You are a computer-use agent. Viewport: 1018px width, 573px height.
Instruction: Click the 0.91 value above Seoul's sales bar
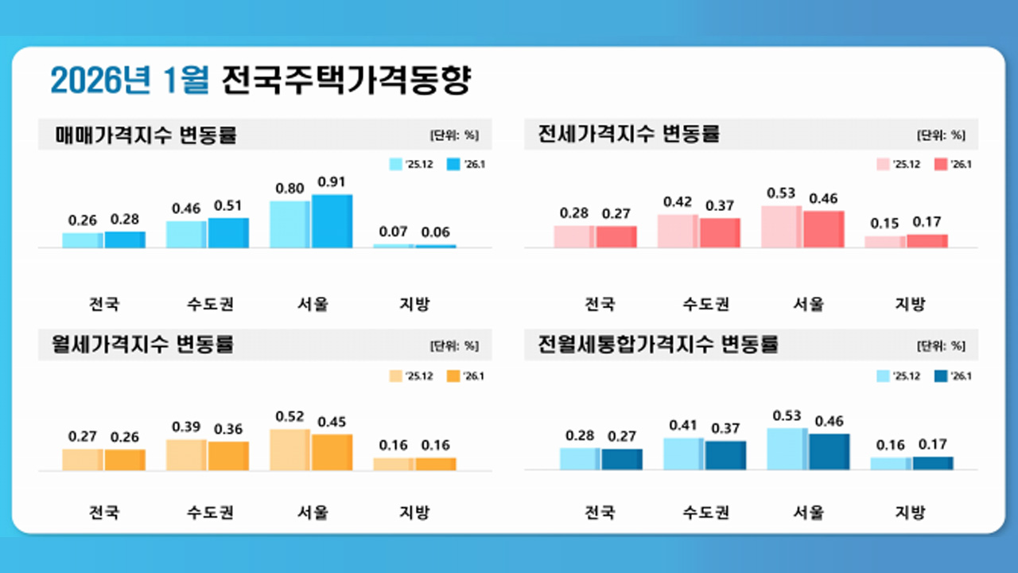(332, 182)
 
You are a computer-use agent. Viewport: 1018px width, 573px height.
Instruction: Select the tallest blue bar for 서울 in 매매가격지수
(332, 221)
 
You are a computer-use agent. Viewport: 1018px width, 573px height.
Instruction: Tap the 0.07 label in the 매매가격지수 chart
(393, 232)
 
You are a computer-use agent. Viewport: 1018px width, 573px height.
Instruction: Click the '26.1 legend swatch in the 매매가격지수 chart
(454, 165)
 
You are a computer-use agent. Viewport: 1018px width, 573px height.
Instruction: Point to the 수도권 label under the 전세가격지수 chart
(705, 304)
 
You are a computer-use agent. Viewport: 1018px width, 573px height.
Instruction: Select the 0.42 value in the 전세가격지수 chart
(678, 202)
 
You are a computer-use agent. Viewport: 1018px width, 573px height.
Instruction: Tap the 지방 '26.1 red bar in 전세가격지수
(927, 240)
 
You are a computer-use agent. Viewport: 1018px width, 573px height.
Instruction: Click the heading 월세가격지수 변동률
(143, 345)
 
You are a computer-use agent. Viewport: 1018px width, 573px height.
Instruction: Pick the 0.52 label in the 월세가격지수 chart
(289, 416)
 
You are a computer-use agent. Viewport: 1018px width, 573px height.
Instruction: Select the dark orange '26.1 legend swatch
(454, 376)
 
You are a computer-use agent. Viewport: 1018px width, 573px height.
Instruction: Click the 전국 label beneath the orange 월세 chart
(104, 512)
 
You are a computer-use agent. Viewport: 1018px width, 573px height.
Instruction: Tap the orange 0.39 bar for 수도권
(186, 454)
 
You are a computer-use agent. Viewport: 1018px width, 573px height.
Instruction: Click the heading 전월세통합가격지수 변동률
(657, 345)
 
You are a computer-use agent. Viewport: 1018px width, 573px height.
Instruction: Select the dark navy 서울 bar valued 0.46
(829, 452)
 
